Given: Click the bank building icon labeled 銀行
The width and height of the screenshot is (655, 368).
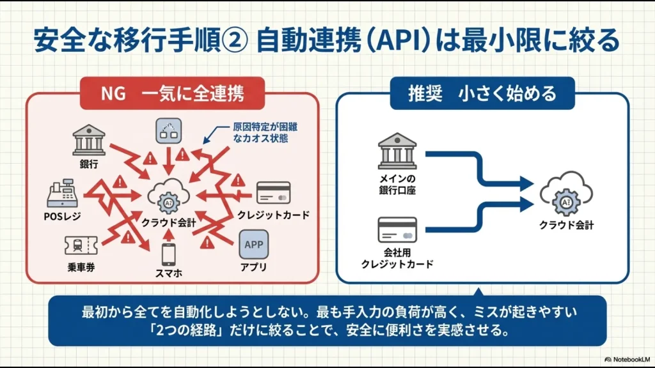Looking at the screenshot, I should tap(89, 139).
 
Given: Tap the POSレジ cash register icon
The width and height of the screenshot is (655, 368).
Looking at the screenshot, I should tap(63, 193).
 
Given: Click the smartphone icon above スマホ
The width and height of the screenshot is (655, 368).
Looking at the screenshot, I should tap(168, 254).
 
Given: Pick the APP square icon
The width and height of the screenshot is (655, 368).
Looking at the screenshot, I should tap(254, 245).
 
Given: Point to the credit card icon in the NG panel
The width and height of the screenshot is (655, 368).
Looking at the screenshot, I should tap(273, 193).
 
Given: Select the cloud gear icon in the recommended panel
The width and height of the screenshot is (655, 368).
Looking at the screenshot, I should tap(566, 198).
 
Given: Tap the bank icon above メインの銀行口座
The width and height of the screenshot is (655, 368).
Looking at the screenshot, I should tap(397, 152).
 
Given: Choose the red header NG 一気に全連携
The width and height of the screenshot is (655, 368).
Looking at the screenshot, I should tap(172, 94).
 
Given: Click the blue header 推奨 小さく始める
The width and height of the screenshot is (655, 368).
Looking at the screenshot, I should tap(482, 94).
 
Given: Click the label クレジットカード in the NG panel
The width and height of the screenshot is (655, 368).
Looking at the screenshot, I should tap(273, 215).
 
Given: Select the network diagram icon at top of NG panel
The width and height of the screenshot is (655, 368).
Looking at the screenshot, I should tap(168, 131).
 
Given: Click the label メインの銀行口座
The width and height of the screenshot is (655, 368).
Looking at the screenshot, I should tap(397, 185).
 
